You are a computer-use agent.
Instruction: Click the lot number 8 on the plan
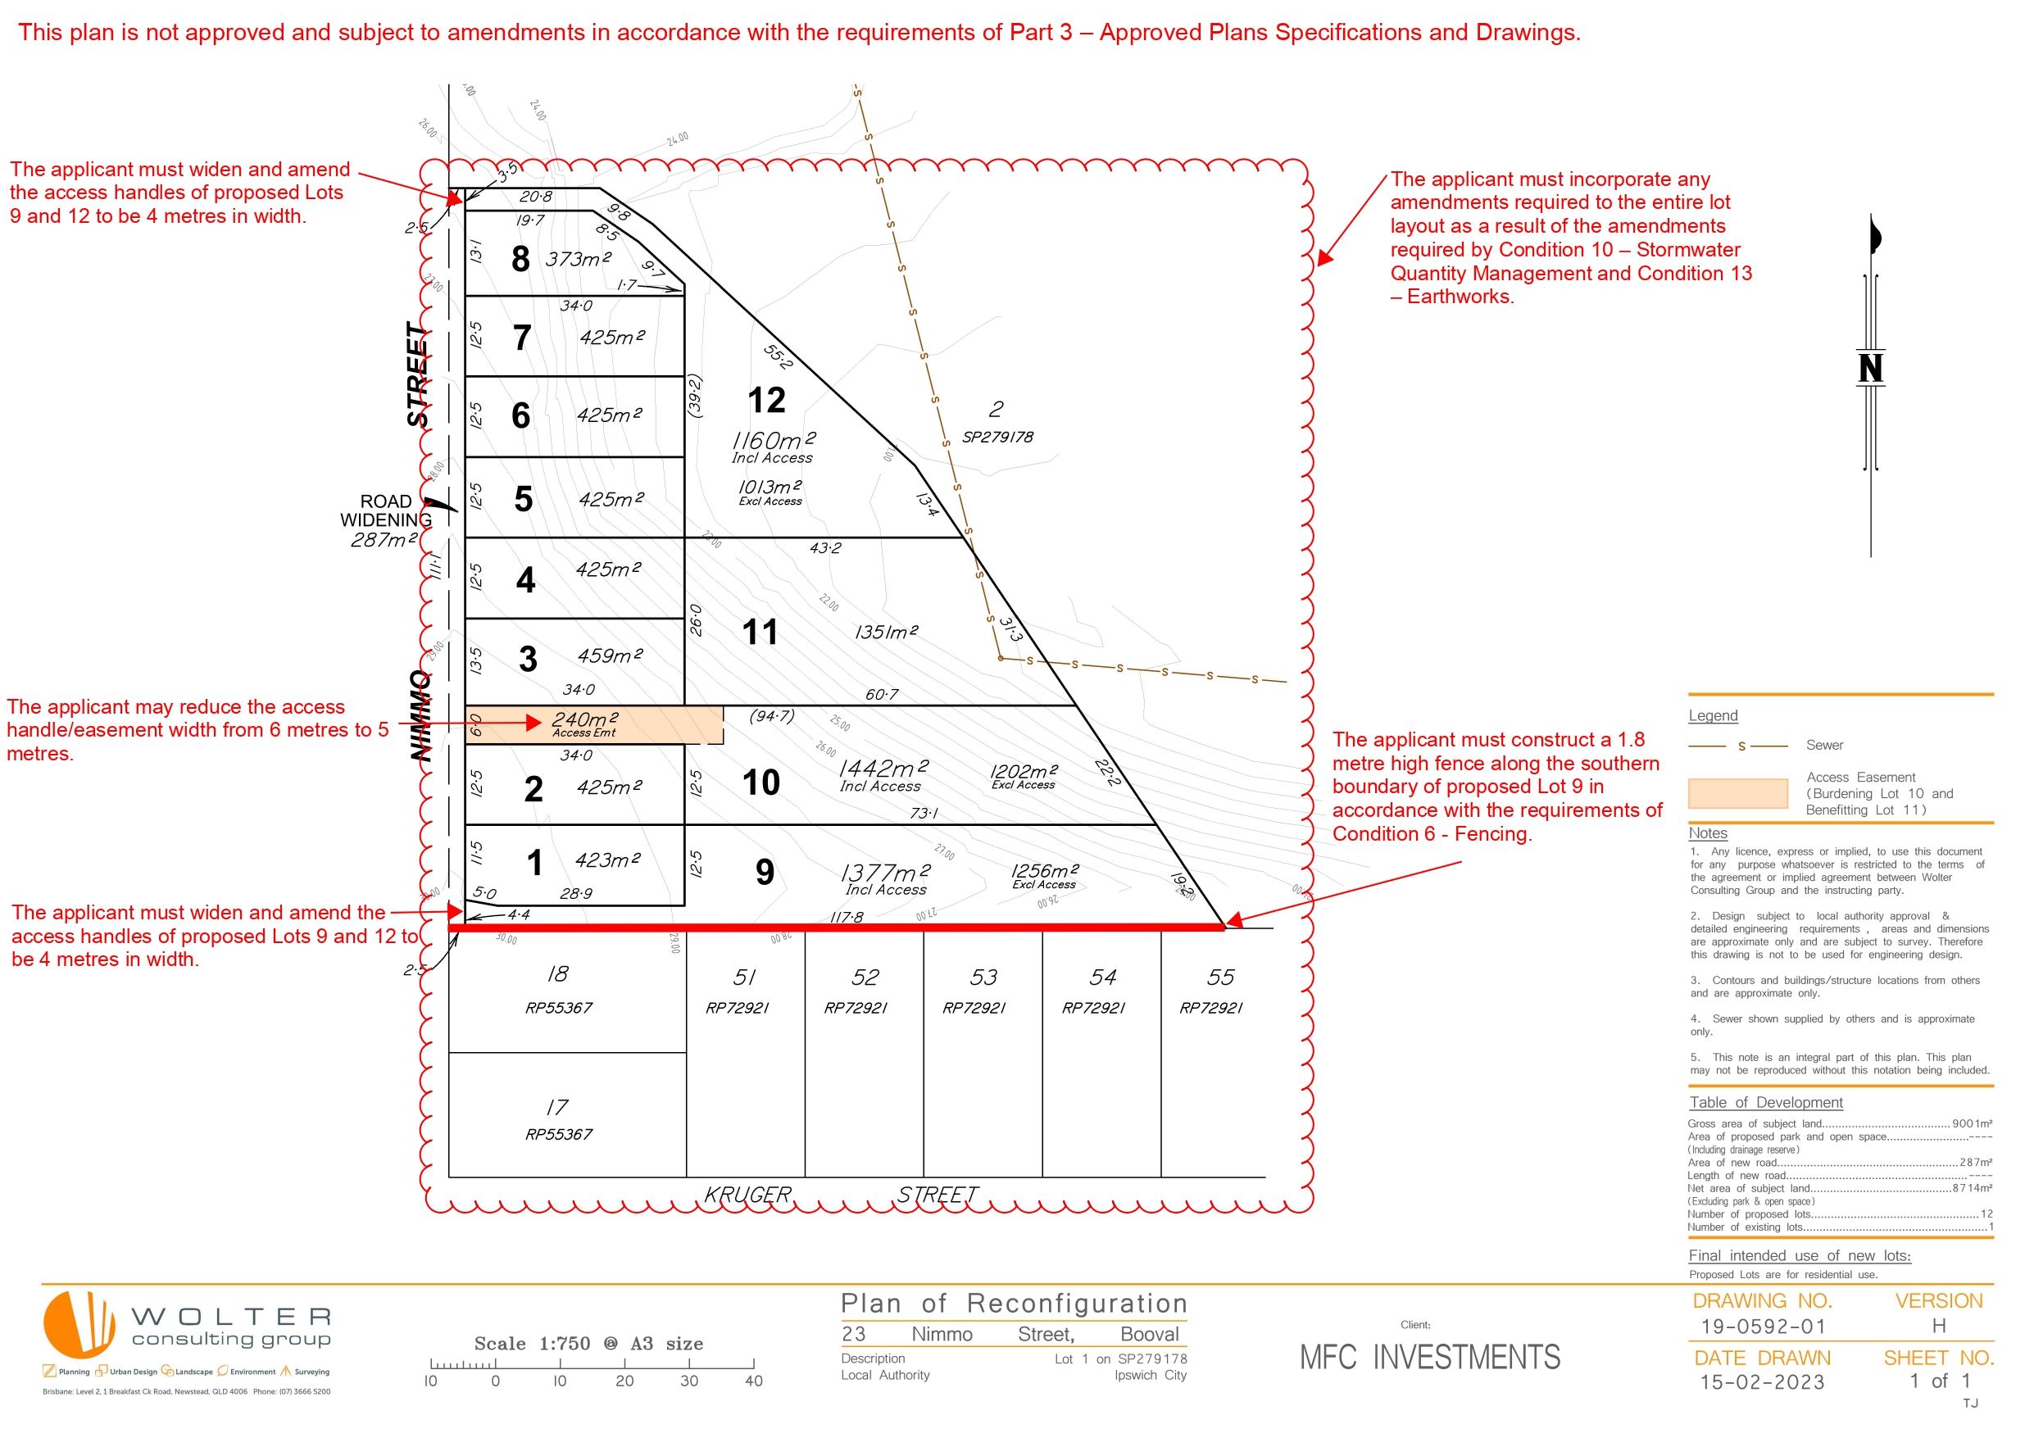(x=521, y=259)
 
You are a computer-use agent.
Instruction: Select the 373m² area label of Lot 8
(x=578, y=259)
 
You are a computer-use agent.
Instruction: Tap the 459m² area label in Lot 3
(x=610, y=655)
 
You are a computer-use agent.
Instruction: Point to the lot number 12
(x=766, y=401)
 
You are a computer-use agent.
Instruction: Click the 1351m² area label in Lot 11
(x=886, y=632)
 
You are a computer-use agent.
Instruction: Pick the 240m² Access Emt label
(x=584, y=724)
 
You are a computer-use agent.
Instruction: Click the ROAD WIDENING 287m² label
(x=385, y=520)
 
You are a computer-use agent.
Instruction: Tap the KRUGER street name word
(x=747, y=1195)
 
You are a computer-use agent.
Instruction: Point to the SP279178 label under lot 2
(x=997, y=437)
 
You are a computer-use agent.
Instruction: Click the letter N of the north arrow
(x=1870, y=368)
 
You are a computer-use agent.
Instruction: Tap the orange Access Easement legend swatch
(x=1737, y=793)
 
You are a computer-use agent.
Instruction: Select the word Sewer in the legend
(x=1824, y=745)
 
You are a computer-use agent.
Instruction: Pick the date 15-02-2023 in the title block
(x=1762, y=1382)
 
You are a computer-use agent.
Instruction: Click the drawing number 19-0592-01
(x=1763, y=1327)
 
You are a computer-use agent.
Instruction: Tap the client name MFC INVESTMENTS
(x=1430, y=1358)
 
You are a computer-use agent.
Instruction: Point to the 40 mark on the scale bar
(x=754, y=1381)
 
